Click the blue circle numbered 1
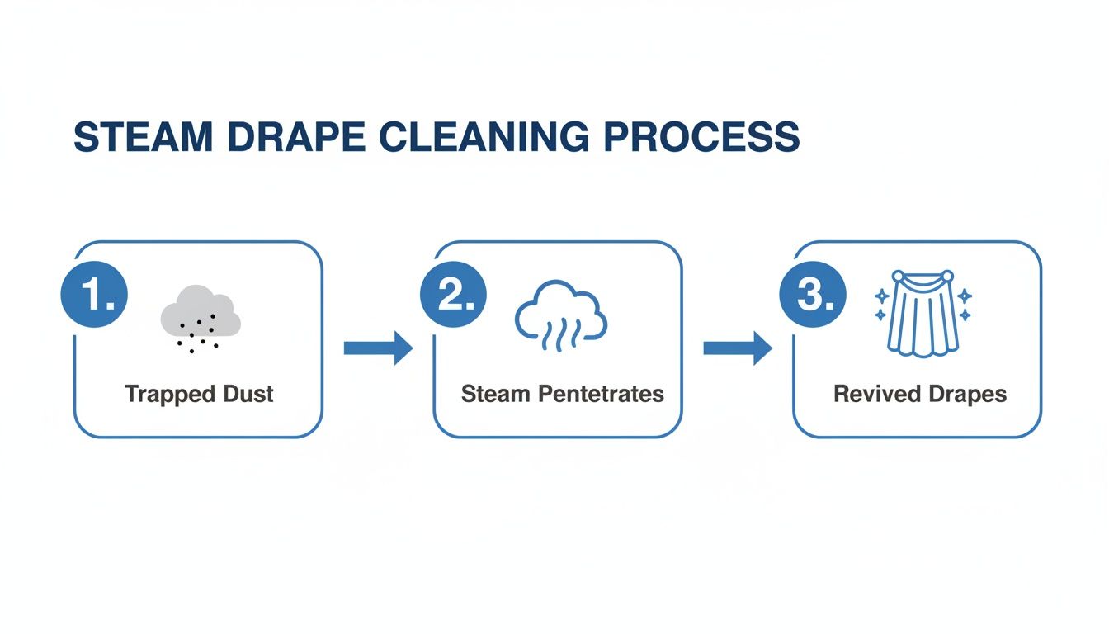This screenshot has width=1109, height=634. (x=95, y=296)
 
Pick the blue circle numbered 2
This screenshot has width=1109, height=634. (x=453, y=296)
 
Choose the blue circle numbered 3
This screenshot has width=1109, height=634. (x=812, y=296)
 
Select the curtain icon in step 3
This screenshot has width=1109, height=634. (x=923, y=314)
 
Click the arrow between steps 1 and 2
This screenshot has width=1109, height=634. (x=377, y=348)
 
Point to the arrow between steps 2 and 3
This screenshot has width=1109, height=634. (x=737, y=348)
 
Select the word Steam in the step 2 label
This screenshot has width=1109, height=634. (x=496, y=394)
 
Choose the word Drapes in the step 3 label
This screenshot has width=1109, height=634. (x=965, y=394)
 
